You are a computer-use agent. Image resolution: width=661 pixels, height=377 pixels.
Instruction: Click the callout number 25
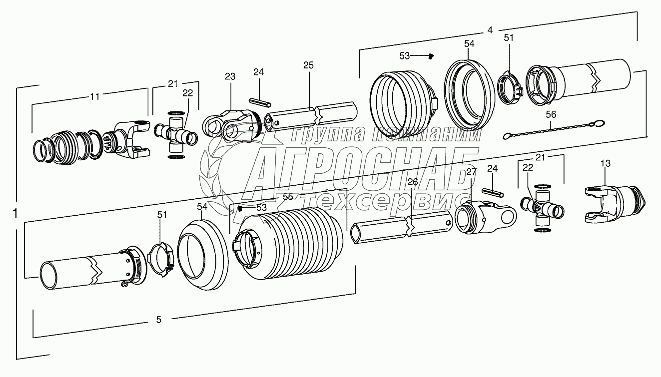pyautogui.click(x=308, y=65)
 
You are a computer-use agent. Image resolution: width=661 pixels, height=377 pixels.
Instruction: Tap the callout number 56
pyautogui.click(x=551, y=114)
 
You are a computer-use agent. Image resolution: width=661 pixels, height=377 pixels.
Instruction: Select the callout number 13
pyautogui.click(x=606, y=163)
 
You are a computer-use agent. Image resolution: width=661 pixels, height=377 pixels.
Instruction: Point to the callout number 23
pyautogui.click(x=230, y=76)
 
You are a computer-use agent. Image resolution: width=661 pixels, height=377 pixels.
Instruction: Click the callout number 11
pyautogui.click(x=95, y=96)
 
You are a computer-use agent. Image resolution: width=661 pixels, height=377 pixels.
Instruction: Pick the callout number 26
pyautogui.click(x=413, y=182)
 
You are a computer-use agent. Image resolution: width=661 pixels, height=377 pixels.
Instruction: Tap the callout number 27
pyautogui.click(x=471, y=172)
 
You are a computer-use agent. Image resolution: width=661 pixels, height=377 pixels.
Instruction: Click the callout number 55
pyautogui.click(x=288, y=197)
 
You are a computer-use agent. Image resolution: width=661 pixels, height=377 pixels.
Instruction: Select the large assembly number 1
pyautogui.click(x=15, y=213)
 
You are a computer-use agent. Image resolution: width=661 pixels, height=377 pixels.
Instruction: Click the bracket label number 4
pyautogui.click(x=490, y=30)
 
